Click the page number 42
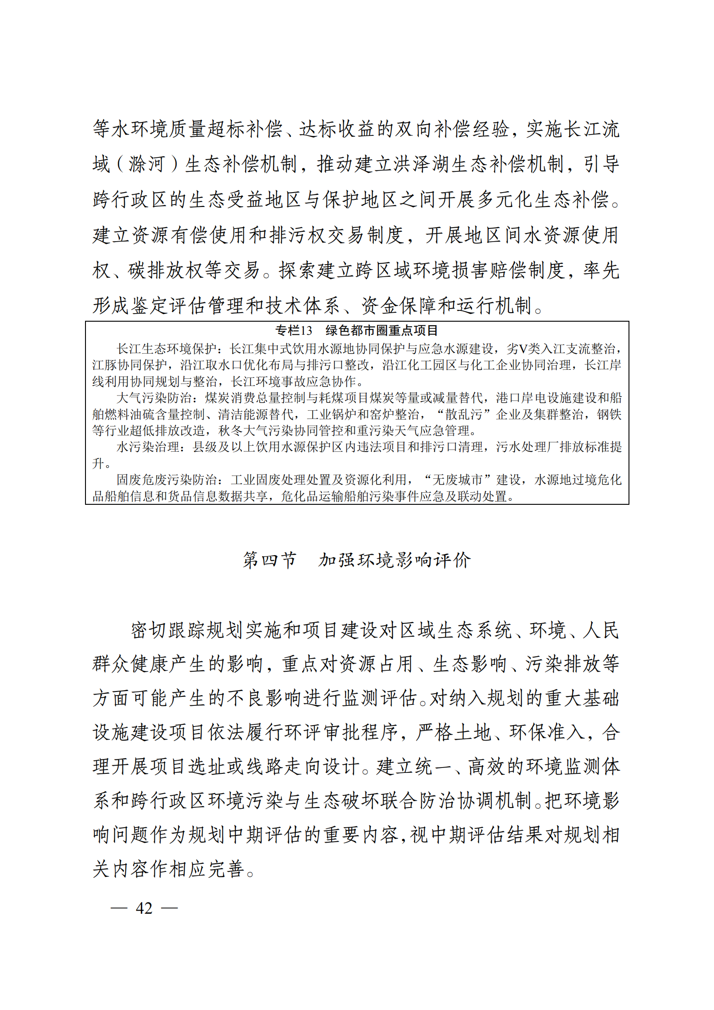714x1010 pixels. (x=144, y=908)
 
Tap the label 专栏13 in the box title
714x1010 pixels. (x=293, y=331)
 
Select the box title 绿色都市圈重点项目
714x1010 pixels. (x=382, y=331)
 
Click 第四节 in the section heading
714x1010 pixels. (x=269, y=560)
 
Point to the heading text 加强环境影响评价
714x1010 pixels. (x=395, y=560)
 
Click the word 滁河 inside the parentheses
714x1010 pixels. (x=147, y=164)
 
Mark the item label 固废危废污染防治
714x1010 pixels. (x=166, y=480)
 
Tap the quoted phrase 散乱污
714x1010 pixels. (x=463, y=414)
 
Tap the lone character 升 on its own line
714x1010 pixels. (x=98, y=463)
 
